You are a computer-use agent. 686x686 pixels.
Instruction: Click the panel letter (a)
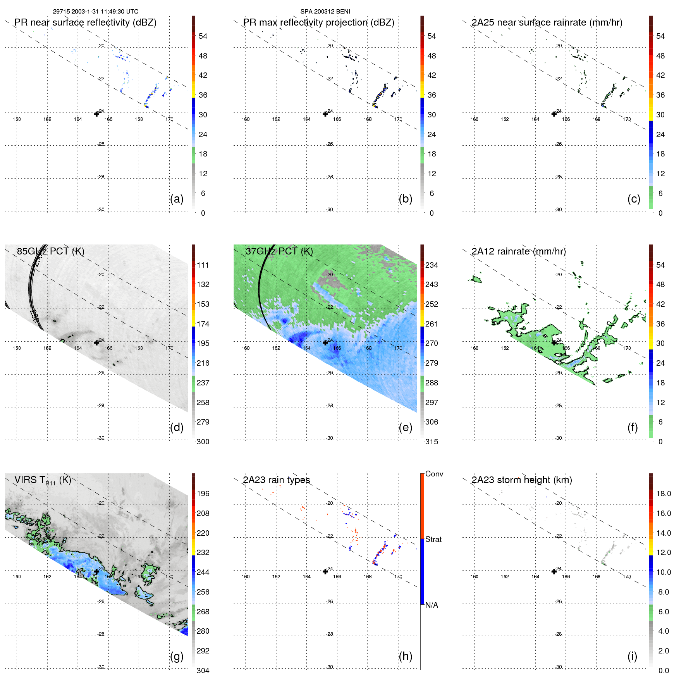(177, 199)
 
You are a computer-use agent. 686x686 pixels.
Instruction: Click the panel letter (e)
(405, 427)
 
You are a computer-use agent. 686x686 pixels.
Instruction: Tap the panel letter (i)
(632, 656)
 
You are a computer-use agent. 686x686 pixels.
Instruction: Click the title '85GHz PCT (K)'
(50, 251)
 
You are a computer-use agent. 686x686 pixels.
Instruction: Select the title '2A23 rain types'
(276, 480)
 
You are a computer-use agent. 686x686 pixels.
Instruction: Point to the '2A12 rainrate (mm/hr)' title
(519, 251)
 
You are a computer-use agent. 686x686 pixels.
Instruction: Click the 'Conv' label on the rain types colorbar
(434, 474)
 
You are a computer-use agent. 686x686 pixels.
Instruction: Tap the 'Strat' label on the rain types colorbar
(433, 539)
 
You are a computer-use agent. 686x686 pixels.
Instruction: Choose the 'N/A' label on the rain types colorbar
(432, 605)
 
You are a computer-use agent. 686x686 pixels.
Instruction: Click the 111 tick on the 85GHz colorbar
(203, 265)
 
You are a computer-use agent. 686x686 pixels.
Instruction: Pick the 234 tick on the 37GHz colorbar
(432, 265)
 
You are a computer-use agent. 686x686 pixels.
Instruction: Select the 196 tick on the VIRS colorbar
(203, 493)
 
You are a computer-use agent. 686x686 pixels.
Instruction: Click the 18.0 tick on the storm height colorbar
(664, 493)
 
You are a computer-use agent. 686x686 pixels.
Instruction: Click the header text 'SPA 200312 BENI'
(325, 12)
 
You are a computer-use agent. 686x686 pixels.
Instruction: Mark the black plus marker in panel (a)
(96, 114)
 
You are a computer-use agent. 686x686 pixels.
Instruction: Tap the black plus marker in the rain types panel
(325, 571)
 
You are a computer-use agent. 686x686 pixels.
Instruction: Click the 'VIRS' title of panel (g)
(26, 480)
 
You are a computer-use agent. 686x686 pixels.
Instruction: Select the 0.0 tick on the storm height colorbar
(664, 671)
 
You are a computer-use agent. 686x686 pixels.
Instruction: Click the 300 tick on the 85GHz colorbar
(203, 442)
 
